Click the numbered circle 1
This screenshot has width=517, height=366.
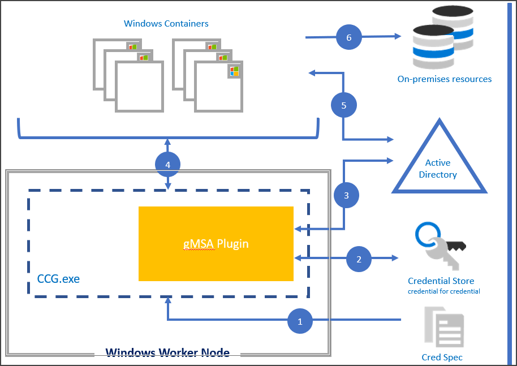tap(300, 321)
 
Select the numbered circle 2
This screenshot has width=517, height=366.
tap(358, 259)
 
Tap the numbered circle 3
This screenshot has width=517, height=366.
tap(346, 195)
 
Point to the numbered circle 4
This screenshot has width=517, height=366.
tap(167, 165)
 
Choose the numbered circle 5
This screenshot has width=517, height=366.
tap(343, 105)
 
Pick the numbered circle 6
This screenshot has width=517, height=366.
tap(348, 37)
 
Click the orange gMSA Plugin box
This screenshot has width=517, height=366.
tap(216, 243)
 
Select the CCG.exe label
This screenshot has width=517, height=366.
tap(58, 278)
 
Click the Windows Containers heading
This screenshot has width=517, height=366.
tap(166, 24)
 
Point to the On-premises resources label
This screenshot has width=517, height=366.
tap(444, 79)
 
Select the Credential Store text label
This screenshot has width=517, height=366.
tap(441, 281)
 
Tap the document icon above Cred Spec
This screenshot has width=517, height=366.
tap(445, 326)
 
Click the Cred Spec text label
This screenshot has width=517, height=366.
tap(442, 357)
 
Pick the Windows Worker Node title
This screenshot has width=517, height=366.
tap(167, 353)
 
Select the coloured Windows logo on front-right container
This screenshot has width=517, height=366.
tap(234, 71)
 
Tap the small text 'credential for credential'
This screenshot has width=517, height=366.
tap(443, 291)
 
